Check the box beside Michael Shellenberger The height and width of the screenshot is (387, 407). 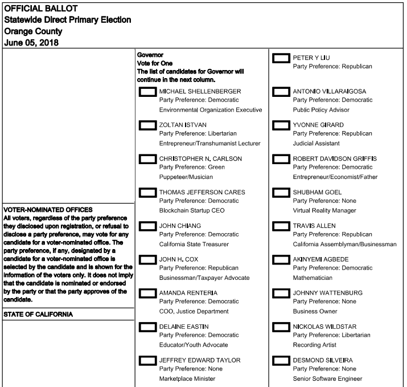click(147, 92)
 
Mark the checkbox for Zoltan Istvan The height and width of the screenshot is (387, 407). click(147, 125)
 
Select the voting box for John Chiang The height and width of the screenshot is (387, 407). click(147, 226)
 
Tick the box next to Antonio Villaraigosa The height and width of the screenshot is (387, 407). click(281, 92)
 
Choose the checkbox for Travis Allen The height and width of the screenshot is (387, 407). click(281, 226)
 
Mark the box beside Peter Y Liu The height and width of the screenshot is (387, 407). click(281, 58)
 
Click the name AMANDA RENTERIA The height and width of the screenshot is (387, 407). click(188, 293)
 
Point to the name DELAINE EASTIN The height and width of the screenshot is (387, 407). click(184, 327)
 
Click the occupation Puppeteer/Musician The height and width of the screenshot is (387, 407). click(186, 177)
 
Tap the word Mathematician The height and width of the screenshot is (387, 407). click(313, 278)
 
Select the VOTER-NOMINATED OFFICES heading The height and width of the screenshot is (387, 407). click(48, 210)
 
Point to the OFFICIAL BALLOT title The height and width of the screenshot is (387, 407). click(41, 9)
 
